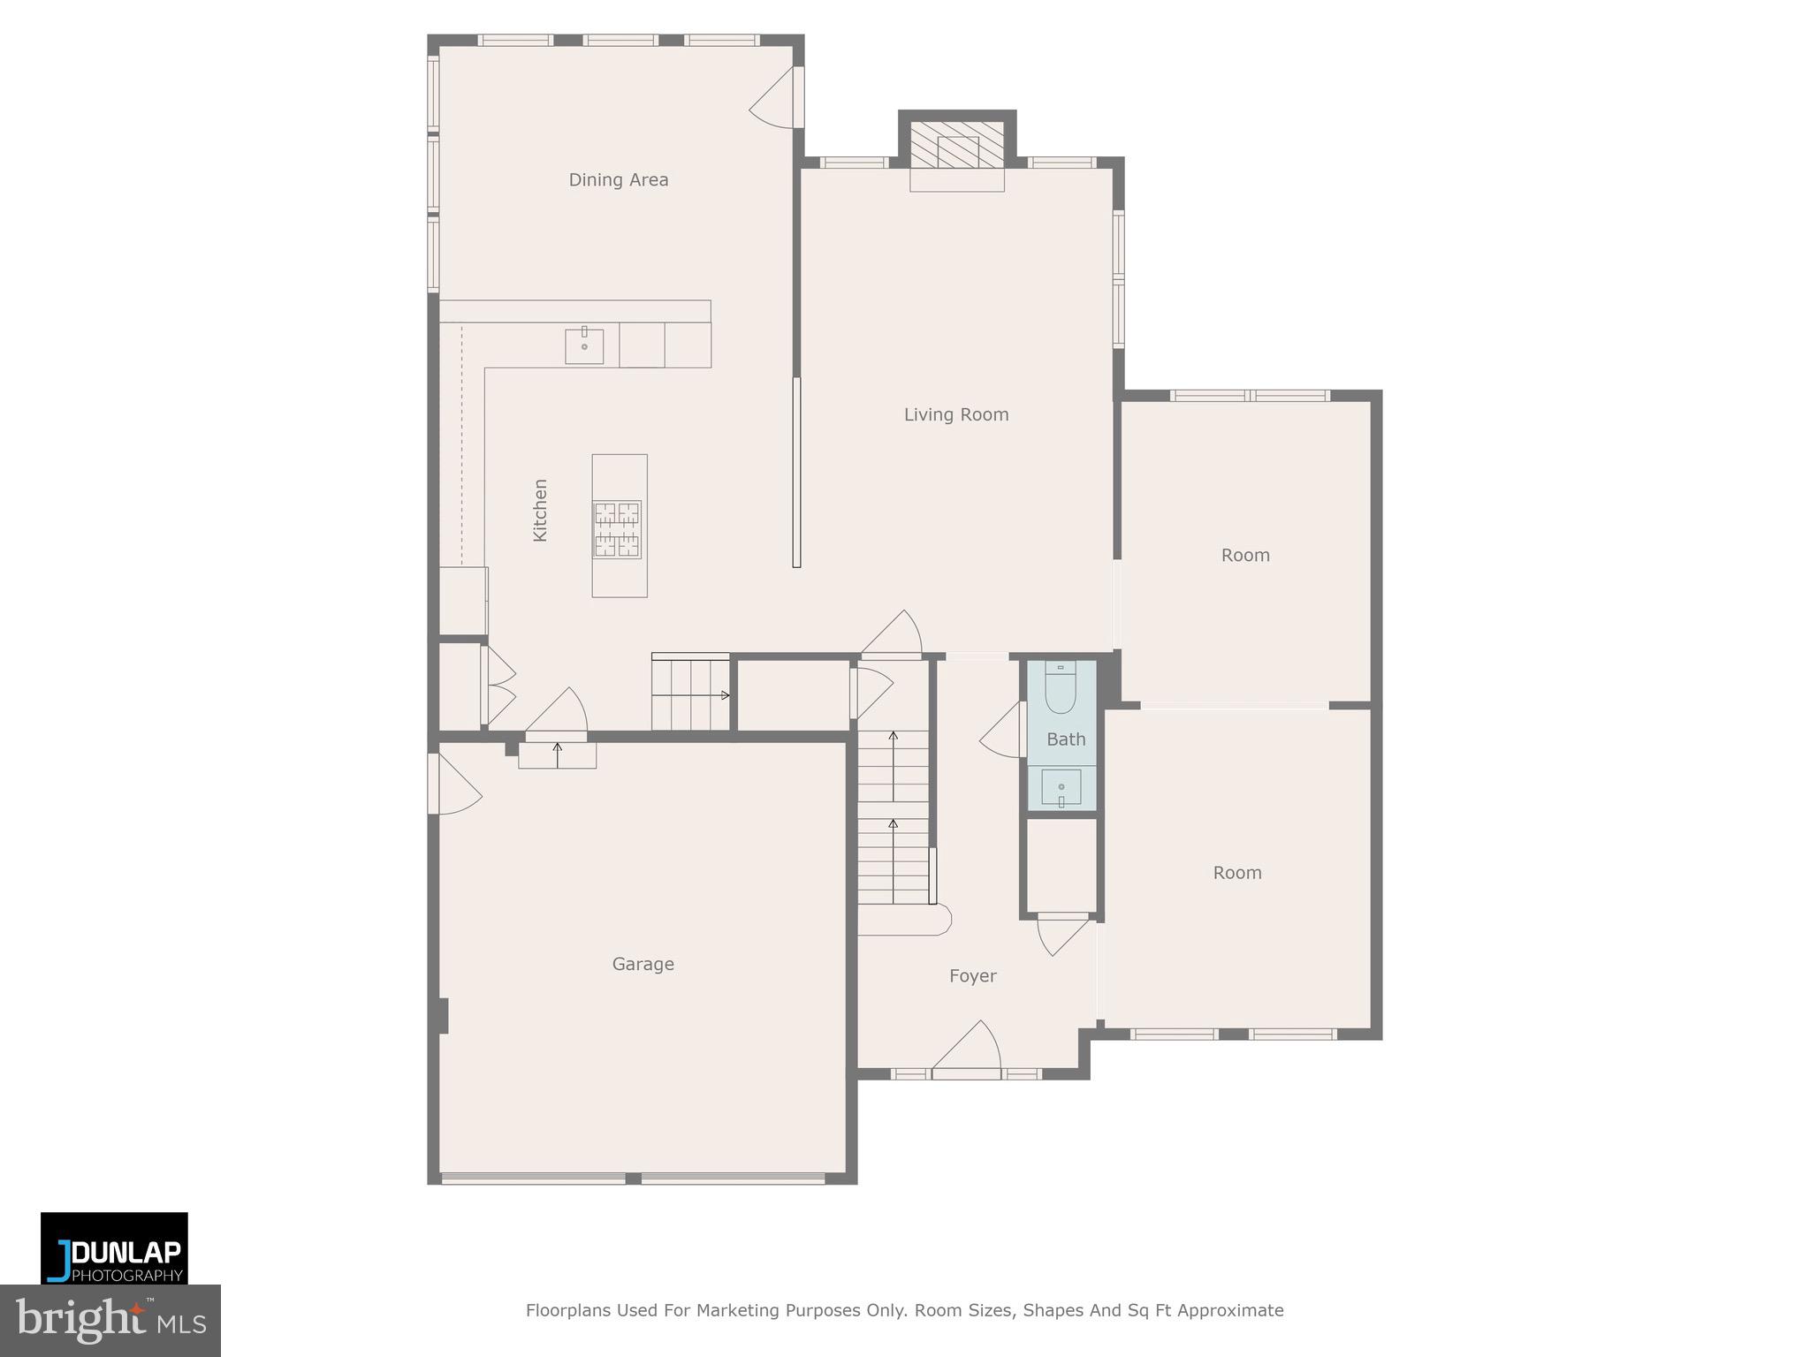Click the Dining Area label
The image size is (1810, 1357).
618,180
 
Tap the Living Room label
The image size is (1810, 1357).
955,414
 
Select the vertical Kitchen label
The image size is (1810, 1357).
540,511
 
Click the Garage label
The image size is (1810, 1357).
643,964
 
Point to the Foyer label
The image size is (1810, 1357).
972,976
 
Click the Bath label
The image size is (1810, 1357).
1066,739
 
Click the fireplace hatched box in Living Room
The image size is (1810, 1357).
957,146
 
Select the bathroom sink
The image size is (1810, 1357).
1061,785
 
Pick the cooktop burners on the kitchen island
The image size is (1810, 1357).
617,529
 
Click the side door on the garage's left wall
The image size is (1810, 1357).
453,785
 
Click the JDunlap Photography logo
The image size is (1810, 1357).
114,1247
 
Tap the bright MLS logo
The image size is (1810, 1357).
110,1320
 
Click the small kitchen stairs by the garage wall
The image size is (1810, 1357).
690,695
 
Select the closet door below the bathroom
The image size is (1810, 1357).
1063,935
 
